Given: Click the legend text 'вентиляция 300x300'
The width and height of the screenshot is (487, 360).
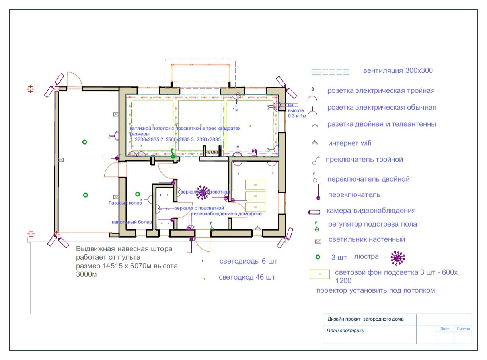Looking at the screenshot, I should pos(397,71).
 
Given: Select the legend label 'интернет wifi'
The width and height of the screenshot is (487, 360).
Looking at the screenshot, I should pos(349,143).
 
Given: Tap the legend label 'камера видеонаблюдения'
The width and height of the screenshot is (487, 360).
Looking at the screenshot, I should pos(371,211).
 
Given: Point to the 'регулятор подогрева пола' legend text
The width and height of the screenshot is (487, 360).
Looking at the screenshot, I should pos(372,224).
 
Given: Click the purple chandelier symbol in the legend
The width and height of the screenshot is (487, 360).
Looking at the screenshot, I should pos(397,258).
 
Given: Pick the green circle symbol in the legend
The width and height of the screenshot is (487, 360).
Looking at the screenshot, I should pos(318,257).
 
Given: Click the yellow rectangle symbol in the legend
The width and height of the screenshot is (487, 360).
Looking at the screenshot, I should pos(320,274).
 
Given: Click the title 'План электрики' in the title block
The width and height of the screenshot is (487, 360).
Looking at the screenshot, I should pos(345,330).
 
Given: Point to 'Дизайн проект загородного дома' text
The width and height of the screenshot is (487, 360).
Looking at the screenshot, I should pos(365,319).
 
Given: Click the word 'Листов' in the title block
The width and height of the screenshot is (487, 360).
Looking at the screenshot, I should pos(463,329).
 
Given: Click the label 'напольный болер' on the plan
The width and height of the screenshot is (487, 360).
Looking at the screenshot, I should pos(131,222).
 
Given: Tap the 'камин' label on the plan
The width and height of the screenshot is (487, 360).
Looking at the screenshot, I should pos(212,152).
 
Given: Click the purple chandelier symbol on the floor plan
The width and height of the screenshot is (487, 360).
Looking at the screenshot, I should pos(203,193).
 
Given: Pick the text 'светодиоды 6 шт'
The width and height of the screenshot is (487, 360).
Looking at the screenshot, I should pos(248,262).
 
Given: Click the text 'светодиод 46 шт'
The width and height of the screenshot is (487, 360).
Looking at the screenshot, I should pos(247,277).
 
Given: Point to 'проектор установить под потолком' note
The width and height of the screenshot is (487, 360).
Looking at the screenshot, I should pos(376,290).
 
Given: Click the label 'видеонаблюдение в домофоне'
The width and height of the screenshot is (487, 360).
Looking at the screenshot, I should pos(226,214).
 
